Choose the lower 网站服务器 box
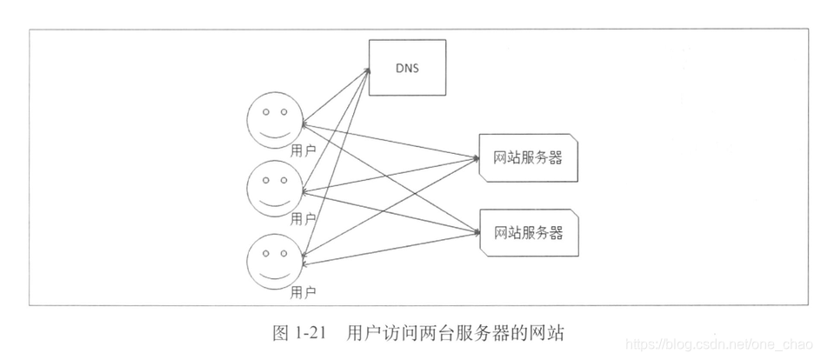pyautogui.click(x=528, y=232)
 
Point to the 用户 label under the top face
pyautogui.click(x=303, y=150)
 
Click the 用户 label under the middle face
pyautogui.click(x=303, y=218)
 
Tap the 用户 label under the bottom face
pyautogui.click(x=303, y=290)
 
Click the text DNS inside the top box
pyautogui.click(x=407, y=68)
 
